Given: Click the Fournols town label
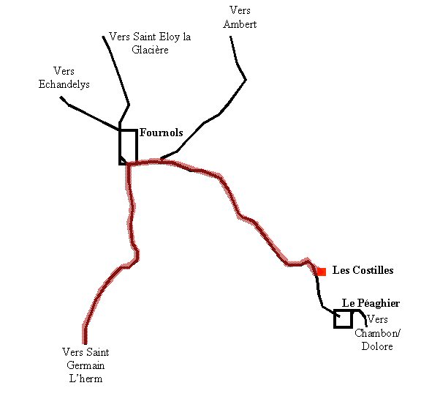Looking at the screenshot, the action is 162,133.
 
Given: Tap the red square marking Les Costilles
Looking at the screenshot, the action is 322,272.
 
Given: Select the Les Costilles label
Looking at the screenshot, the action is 363,270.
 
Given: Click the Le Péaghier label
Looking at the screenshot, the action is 371,303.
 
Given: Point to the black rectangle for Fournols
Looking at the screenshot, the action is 137,146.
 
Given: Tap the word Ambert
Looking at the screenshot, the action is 240,24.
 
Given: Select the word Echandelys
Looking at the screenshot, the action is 64,84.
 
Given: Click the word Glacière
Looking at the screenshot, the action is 150,50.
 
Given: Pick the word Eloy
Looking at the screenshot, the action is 169,37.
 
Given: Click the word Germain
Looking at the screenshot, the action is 86,365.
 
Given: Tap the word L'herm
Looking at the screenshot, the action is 86,379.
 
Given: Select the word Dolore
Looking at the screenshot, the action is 377,346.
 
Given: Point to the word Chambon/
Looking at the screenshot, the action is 377,333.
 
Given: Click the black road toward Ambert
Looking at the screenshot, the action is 219,115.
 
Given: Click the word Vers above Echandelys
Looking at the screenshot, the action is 64,71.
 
